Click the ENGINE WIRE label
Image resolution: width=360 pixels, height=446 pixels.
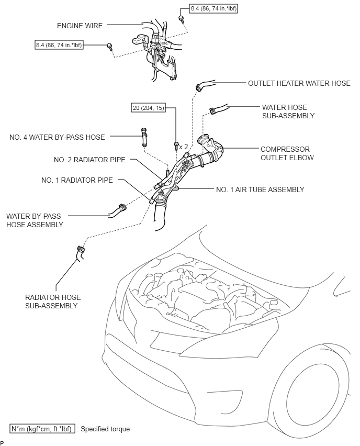80,26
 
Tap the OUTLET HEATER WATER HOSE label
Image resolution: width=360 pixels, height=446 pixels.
299,83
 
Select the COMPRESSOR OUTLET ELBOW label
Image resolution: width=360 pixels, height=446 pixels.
287,153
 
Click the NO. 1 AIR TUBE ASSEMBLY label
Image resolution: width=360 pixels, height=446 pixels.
260,189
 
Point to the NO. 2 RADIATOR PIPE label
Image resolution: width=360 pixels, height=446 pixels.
89,160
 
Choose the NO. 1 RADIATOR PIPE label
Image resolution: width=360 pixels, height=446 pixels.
77,180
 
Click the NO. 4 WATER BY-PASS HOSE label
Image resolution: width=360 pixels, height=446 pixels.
57,137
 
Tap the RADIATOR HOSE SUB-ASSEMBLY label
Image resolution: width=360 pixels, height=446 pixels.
53,302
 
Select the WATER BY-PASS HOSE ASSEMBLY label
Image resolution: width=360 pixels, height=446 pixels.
35,220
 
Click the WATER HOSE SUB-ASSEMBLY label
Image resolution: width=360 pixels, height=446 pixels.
288,111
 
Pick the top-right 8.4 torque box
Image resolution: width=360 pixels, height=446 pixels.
213,8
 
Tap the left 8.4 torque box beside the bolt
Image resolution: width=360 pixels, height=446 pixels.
59,45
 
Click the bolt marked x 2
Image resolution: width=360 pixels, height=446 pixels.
176,146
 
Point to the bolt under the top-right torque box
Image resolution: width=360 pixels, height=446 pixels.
181,18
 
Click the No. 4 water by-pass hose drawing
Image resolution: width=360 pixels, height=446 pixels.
145,137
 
